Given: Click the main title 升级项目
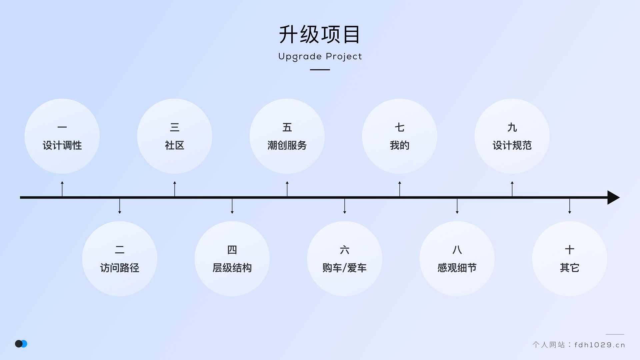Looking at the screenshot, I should coord(320,35).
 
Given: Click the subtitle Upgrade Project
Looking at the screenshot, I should coord(320,56).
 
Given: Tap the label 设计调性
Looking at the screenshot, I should coord(62,145).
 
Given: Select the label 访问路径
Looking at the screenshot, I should coord(120,268).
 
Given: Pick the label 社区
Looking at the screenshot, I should coord(175,145).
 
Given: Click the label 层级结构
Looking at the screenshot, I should coord(232,268).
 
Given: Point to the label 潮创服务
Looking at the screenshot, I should coord(287,145).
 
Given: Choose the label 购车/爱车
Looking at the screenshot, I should coord(344,268).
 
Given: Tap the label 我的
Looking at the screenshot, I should coord(400,145).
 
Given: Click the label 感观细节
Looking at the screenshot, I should coord(457,268).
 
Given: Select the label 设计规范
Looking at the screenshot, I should coord(512,145).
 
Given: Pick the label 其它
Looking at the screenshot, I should coord(570,268).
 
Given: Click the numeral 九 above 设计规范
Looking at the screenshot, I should coord(512,127).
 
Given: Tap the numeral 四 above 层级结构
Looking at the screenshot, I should coord(232,250).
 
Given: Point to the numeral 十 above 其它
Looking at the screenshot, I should coord(570,250).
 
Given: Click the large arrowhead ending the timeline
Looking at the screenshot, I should coord(613,198).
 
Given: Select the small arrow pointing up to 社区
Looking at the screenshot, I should coord(175,188).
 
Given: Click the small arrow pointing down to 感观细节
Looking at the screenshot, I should coord(457,206).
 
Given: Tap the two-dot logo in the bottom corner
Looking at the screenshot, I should coord(21,344).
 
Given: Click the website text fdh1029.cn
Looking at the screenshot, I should coord(599,345).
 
